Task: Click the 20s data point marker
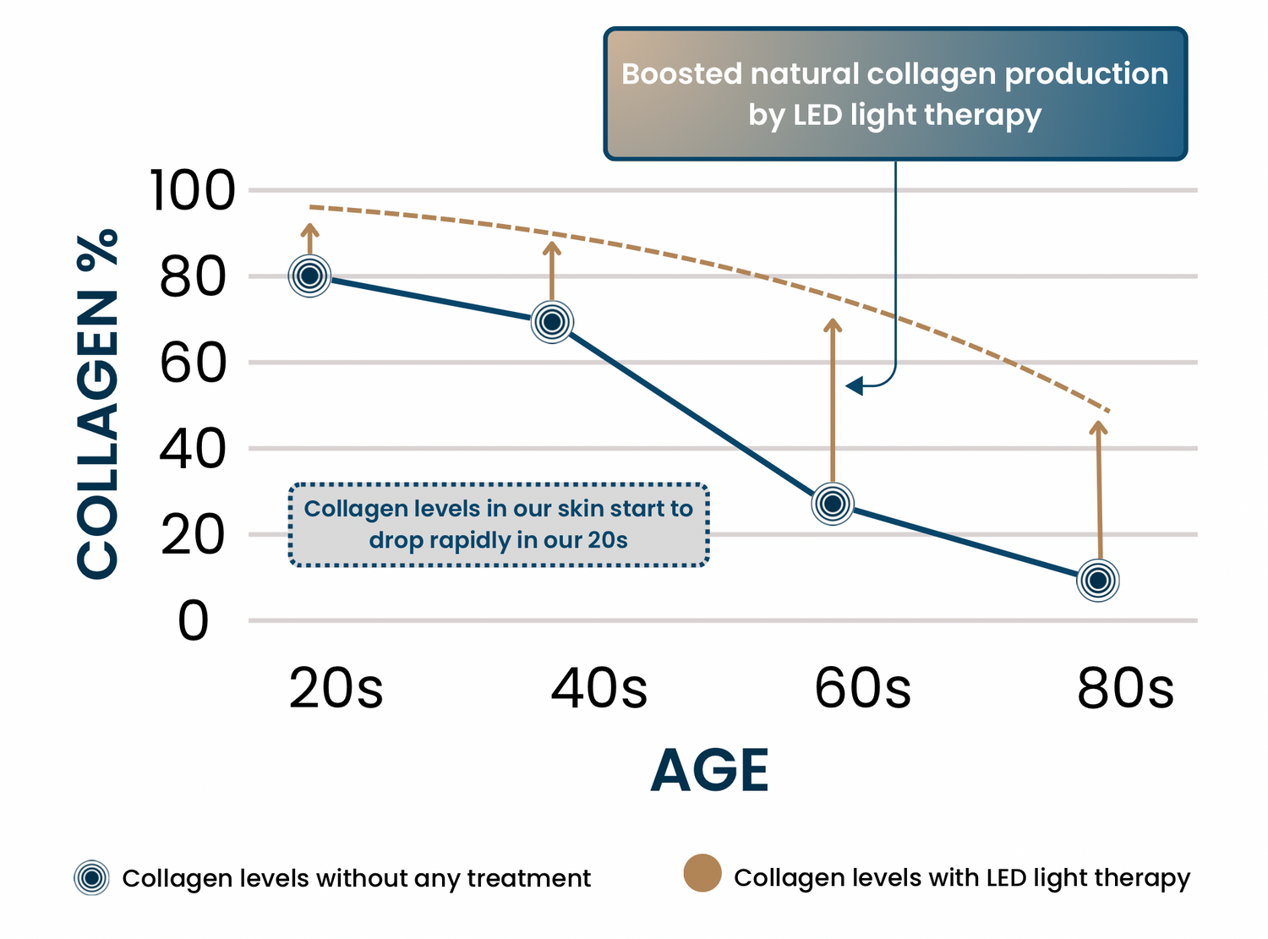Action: click(309, 276)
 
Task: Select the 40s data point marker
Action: click(552, 322)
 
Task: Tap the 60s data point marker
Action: click(833, 504)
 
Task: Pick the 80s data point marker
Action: click(1097, 581)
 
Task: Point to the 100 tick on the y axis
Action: click(193, 190)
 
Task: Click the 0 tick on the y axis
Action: click(194, 620)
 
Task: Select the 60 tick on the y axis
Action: click(194, 363)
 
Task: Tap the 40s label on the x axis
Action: click(598, 688)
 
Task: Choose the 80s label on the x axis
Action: click(1125, 688)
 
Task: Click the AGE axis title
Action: click(709, 771)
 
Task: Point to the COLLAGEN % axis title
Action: click(97, 404)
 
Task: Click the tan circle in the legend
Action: click(702, 873)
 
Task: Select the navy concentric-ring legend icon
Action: click(91, 877)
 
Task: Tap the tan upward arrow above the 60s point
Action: click(833, 401)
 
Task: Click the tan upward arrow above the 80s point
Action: click(1099, 490)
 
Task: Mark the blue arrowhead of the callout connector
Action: click(854, 386)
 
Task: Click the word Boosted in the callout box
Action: click(681, 74)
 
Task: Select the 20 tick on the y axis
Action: click(194, 535)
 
